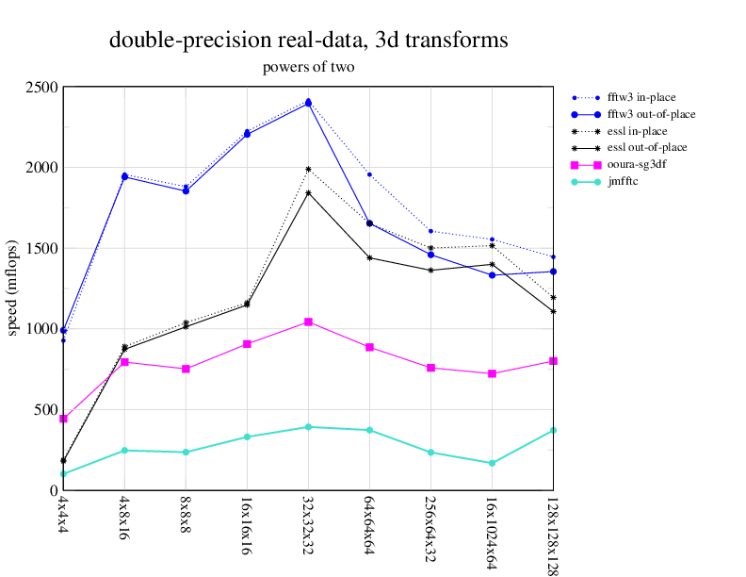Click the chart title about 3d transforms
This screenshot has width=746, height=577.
(309, 41)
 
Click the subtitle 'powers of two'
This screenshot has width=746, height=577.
(309, 67)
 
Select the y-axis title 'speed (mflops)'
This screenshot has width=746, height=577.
(14, 288)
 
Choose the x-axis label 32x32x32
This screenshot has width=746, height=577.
(308, 523)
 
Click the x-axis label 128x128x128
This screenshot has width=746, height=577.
(553, 533)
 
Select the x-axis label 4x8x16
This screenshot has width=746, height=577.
(124, 518)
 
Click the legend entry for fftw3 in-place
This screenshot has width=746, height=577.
(641, 97)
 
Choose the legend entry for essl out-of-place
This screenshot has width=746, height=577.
(646, 147)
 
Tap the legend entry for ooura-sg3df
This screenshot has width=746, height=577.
(637, 164)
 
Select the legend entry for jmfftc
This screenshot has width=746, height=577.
(623, 181)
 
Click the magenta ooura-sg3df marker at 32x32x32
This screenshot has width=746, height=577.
(308, 322)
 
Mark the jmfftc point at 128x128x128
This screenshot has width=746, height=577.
(553, 430)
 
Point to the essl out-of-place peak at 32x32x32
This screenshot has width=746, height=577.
(308, 193)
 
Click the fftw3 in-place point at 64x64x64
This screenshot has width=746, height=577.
(369, 174)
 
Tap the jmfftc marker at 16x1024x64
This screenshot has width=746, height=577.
(492, 463)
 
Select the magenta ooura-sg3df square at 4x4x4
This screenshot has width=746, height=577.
(63, 419)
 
